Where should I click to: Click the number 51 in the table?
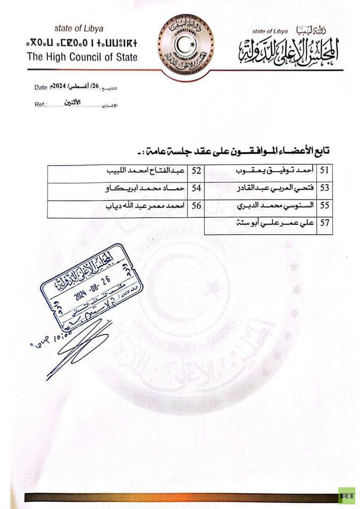[325, 171]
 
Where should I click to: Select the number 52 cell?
[196, 171]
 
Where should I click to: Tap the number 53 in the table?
[325, 188]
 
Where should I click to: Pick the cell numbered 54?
[196, 188]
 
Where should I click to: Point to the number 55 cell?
[325, 205]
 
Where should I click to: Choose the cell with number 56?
[196, 205]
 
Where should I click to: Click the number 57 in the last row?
[325, 223]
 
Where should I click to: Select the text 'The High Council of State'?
[82, 57]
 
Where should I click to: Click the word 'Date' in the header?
[41, 87]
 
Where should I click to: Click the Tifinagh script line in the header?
[82, 44]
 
